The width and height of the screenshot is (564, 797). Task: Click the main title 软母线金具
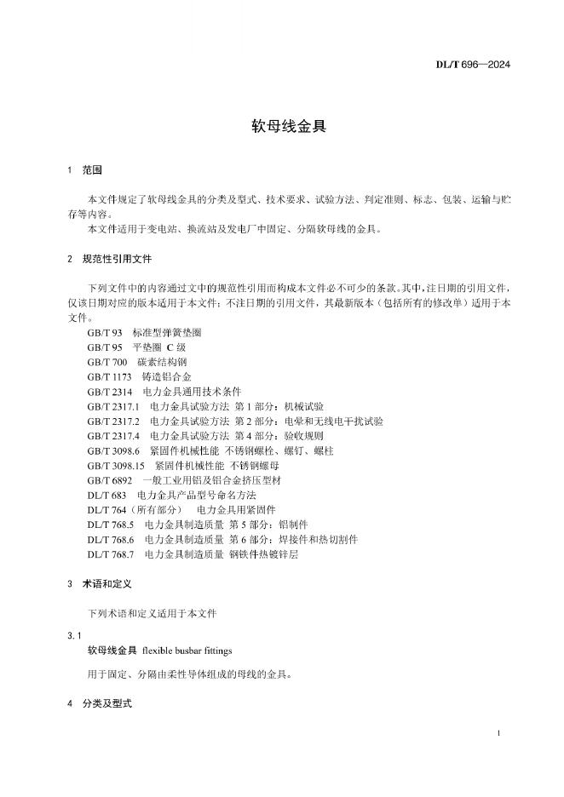pyautogui.click(x=282, y=127)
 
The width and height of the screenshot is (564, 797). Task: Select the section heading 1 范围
pyautogui.click(x=84, y=170)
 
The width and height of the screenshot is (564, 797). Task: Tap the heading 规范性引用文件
pyautogui.click(x=117, y=258)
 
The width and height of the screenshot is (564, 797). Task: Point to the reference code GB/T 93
pyautogui.click(x=105, y=332)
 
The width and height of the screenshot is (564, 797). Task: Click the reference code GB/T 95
pyautogui.click(x=105, y=347)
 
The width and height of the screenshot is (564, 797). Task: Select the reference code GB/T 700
pyautogui.click(x=107, y=362)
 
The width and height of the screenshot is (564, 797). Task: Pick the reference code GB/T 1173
pyautogui.click(x=110, y=376)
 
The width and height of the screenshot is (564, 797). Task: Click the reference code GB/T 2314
pyautogui.click(x=110, y=391)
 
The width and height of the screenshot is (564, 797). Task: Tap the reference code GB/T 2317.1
pyautogui.click(x=113, y=406)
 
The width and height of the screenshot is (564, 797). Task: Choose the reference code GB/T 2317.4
pyautogui.click(x=113, y=435)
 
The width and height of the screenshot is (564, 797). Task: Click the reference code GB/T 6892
pyautogui.click(x=110, y=480)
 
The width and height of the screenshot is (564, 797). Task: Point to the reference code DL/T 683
pyautogui.click(x=107, y=495)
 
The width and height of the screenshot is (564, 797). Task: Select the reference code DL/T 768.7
pyautogui.click(x=112, y=553)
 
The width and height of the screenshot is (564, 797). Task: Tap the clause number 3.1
pyautogui.click(x=73, y=635)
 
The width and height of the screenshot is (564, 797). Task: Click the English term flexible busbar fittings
pyautogui.click(x=187, y=651)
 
